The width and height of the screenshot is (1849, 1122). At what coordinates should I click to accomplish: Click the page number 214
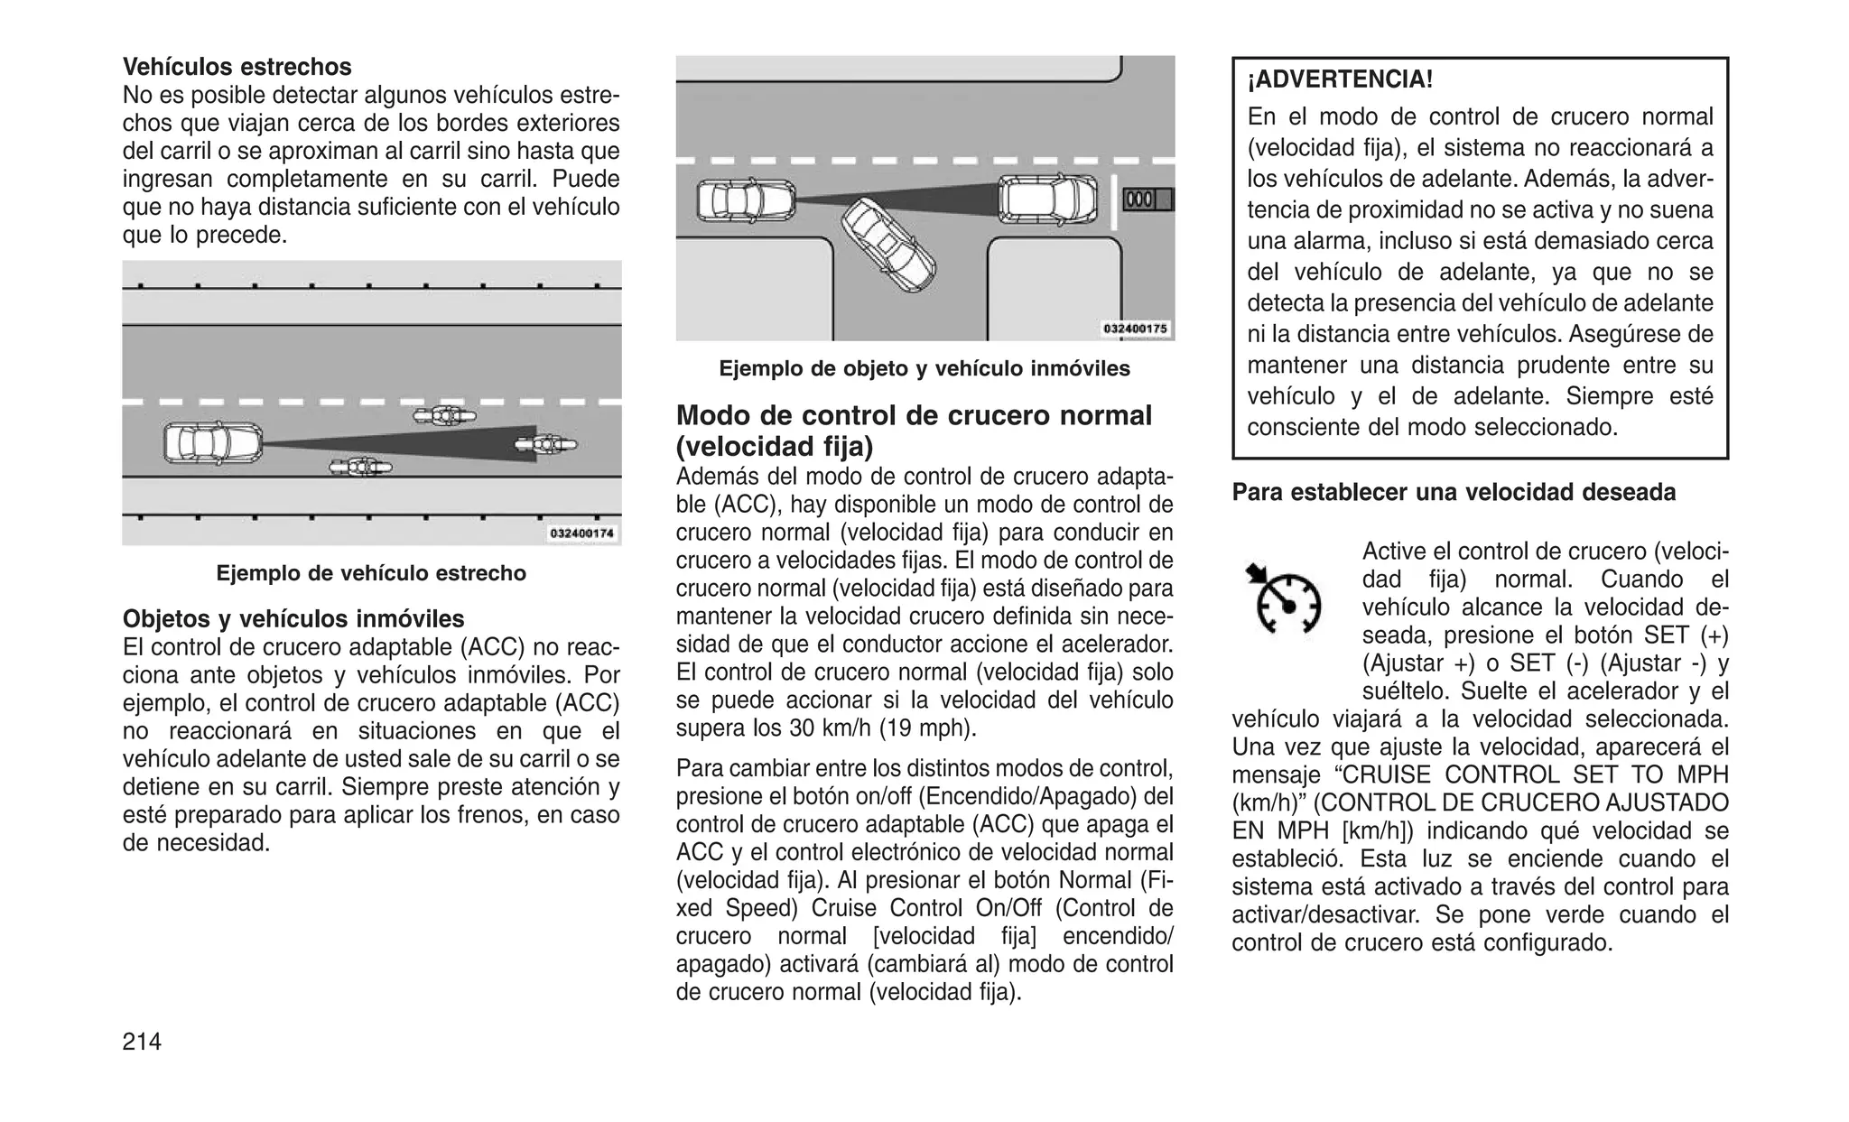pyautogui.click(x=142, y=1042)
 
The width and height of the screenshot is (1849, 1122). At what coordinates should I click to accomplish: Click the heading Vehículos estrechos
pyautogui.click(x=237, y=67)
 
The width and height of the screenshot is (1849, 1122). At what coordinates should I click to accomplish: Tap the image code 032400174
pyautogui.click(x=582, y=533)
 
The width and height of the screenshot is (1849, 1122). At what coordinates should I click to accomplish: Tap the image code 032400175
pyautogui.click(x=1136, y=329)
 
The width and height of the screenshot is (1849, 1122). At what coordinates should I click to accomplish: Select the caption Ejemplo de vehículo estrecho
pyautogui.click(x=371, y=573)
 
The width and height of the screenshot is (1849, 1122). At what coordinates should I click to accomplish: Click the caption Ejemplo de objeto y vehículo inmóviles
pyautogui.click(x=924, y=368)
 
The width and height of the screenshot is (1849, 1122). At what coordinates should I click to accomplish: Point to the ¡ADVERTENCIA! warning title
pyautogui.click(x=1340, y=79)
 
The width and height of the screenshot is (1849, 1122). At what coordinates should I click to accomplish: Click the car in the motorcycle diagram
pyautogui.click(x=213, y=443)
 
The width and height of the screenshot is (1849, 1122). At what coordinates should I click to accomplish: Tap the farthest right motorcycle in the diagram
pyautogui.click(x=545, y=443)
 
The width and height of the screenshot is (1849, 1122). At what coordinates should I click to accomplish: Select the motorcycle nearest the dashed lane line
pyautogui.click(x=444, y=416)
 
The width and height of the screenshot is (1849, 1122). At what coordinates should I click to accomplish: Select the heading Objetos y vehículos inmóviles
pyautogui.click(x=293, y=619)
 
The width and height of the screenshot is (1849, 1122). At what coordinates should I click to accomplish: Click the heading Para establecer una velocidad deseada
pyautogui.click(x=1454, y=493)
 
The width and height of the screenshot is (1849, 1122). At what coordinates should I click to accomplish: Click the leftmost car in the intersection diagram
pyautogui.click(x=746, y=201)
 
